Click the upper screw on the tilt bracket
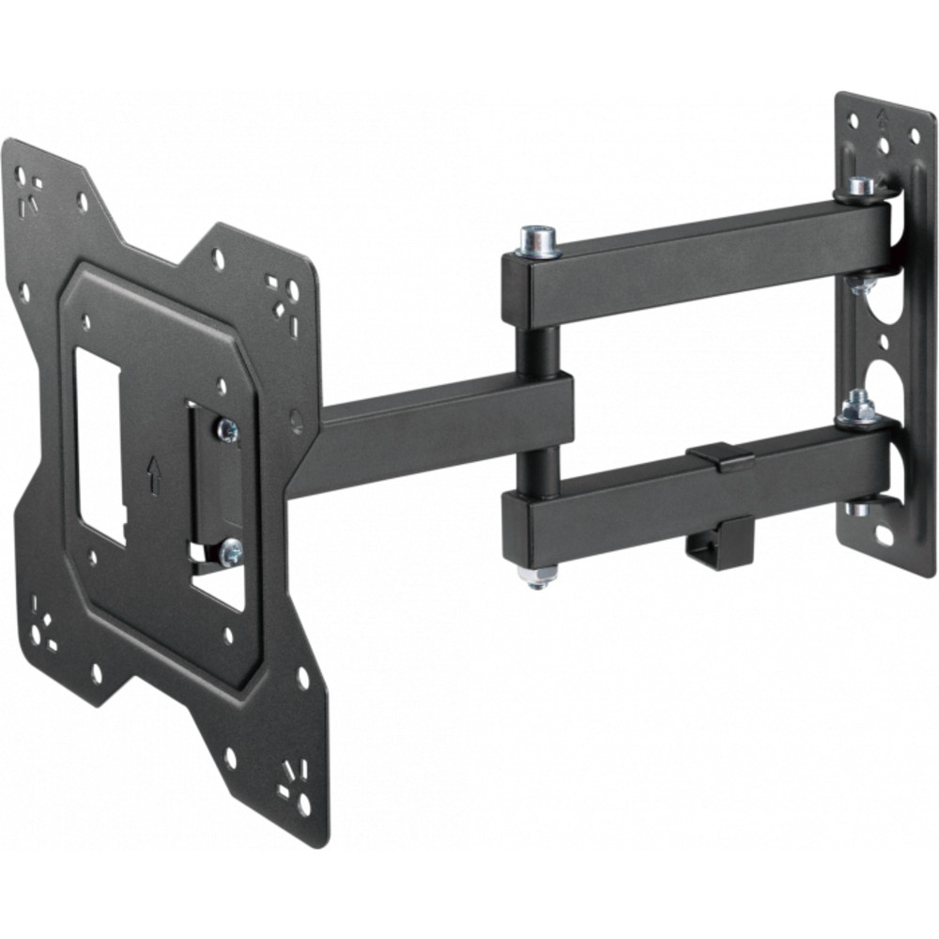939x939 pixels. [x=226, y=430]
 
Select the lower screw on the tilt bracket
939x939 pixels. [x=229, y=552]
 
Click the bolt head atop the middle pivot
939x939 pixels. [x=539, y=239]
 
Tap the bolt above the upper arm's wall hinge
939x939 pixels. [x=861, y=186]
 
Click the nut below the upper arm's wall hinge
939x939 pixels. [x=860, y=284]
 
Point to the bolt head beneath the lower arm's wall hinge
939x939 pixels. [x=858, y=509]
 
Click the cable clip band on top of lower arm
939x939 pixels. [x=720, y=455]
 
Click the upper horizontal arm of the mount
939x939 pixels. [x=704, y=258]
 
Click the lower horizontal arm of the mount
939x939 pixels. [x=695, y=498]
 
